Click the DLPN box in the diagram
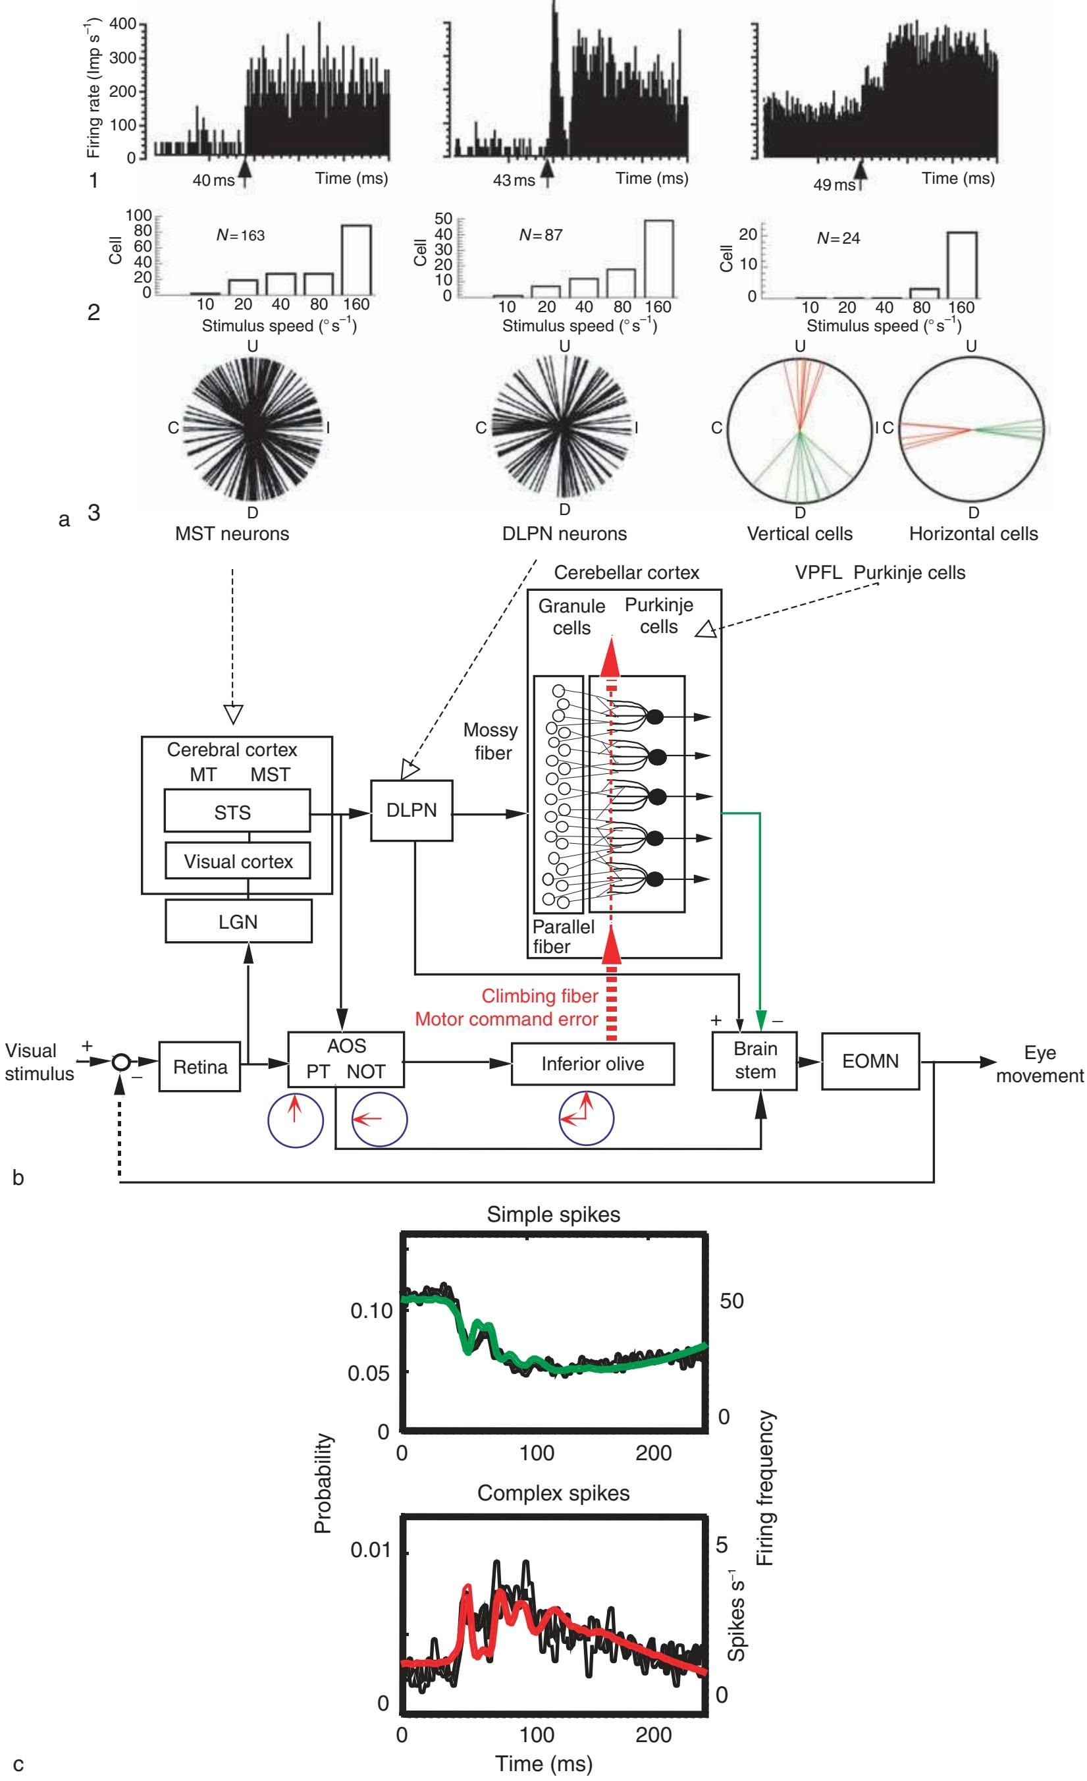pos(411,810)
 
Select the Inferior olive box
pos(592,1063)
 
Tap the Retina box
pos(200,1066)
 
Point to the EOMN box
pos(870,1061)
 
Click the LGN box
pos(238,921)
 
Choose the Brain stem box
pos(755,1060)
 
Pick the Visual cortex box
pos(238,862)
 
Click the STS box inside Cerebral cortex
pos(232,812)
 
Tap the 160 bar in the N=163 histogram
pos(356,259)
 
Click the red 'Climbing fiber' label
pos(539,996)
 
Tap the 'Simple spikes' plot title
pos(553,1215)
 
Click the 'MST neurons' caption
pos(232,534)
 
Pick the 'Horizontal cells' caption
pos(973,534)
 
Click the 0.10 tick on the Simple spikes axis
pos(371,1311)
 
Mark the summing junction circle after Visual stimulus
pos(121,1062)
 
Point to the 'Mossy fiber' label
pos(490,742)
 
